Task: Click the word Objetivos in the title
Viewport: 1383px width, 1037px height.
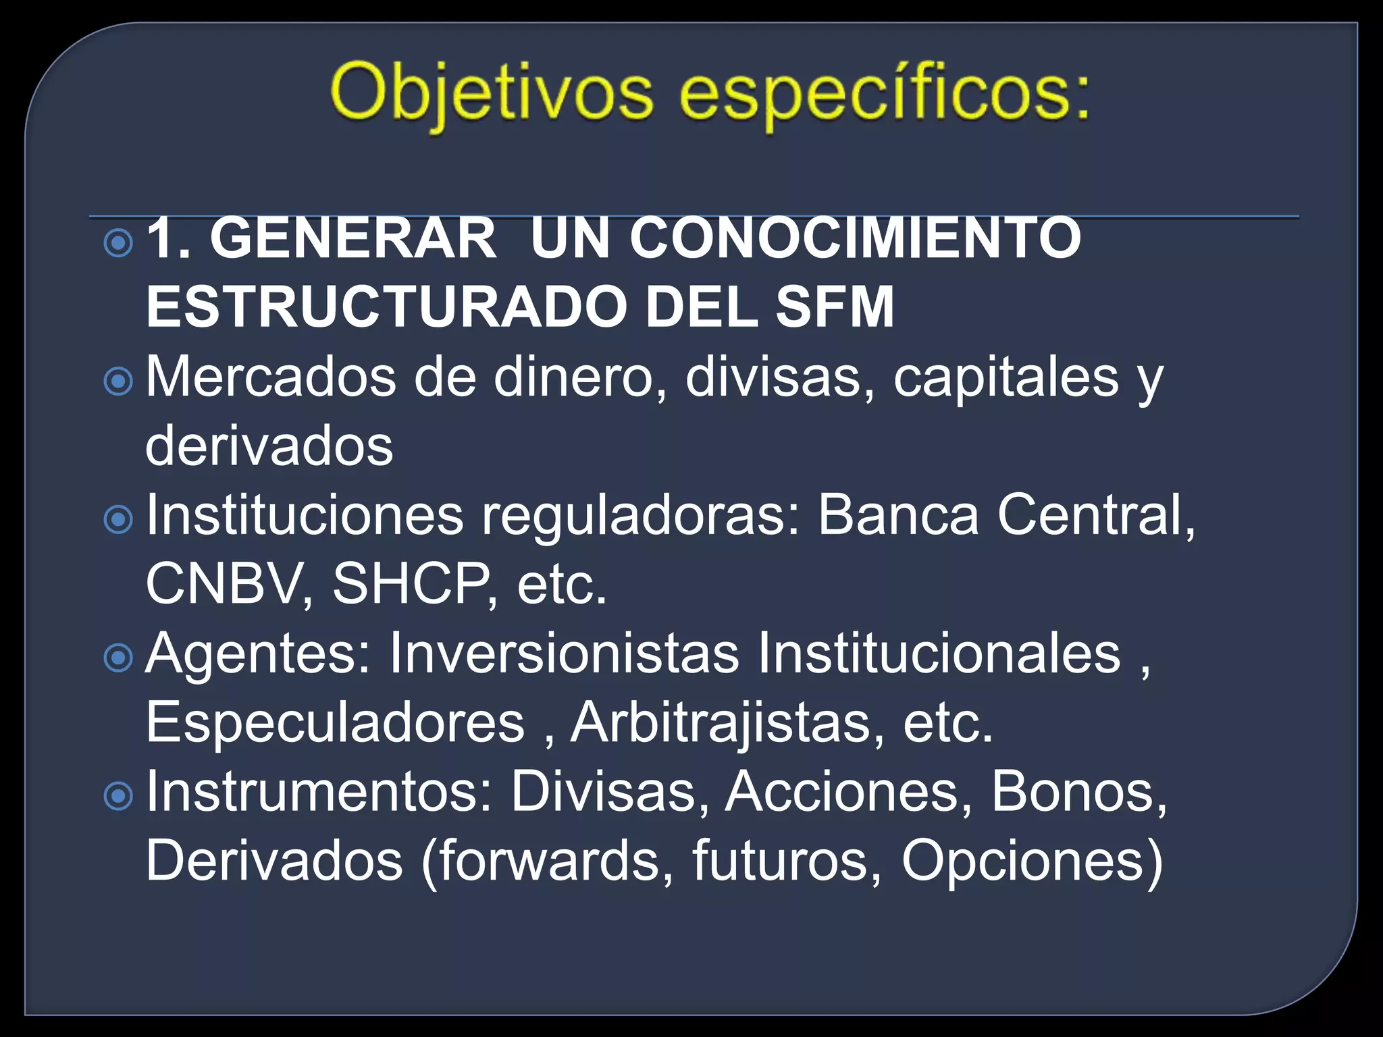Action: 492,91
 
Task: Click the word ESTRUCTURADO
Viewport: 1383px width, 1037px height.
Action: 385,307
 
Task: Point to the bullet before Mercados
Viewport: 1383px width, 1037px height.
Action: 119,381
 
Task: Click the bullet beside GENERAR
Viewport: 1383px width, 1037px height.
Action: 119,243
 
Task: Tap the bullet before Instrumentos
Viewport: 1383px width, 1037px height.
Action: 119,797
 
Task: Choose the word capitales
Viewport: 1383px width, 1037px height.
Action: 1006,378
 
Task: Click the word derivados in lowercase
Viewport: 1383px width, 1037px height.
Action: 269,447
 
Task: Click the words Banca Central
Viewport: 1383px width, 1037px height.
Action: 999,515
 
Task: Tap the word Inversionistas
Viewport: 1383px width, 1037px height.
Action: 564,654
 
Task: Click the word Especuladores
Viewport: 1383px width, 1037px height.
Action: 335,722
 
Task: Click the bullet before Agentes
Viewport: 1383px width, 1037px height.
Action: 119,658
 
